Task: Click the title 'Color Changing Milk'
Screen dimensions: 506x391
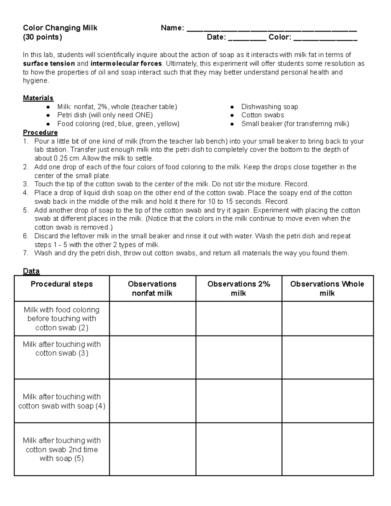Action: point(60,28)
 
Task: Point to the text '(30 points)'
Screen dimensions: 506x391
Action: point(42,37)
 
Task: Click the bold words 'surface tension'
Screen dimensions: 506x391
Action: point(49,64)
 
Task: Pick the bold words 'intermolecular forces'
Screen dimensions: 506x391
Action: point(126,64)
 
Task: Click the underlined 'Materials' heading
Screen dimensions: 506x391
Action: point(38,98)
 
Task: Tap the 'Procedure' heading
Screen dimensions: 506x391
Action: point(40,133)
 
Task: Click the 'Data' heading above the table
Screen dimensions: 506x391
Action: point(31,271)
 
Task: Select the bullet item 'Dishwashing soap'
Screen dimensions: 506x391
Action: point(269,107)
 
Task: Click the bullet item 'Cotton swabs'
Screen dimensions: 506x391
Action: point(263,115)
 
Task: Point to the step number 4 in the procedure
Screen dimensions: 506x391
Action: point(26,193)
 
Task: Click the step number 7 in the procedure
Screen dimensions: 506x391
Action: point(26,253)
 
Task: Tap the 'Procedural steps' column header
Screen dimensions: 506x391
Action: point(62,284)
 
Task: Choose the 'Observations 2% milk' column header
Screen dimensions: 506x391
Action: point(239,288)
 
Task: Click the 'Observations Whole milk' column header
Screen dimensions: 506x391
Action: point(327,288)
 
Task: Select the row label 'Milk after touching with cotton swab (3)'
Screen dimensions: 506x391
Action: point(62,349)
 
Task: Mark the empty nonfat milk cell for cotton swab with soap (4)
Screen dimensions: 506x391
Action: point(152,401)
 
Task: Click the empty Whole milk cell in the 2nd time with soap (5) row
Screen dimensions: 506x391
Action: point(327,449)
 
